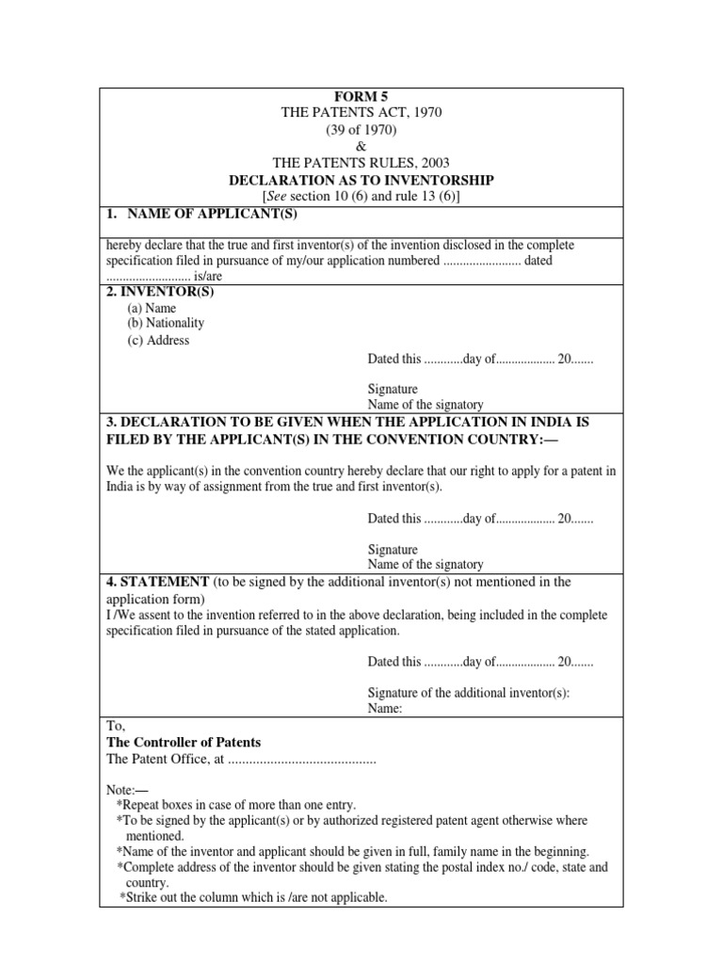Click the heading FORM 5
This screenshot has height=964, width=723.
pyautogui.click(x=361, y=95)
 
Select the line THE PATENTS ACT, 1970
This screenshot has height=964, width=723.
pyautogui.click(x=361, y=112)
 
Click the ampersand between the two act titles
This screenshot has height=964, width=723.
pyautogui.click(x=361, y=146)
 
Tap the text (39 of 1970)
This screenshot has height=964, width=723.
pyautogui.click(x=361, y=129)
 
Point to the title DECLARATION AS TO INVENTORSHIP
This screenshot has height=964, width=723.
pyautogui.click(x=361, y=180)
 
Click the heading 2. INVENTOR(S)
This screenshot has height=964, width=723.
pyautogui.click(x=160, y=291)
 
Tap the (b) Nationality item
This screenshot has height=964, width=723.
pyautogui.click(x=166, y=323)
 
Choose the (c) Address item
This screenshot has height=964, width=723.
pyautogui.click(x=158, y=340)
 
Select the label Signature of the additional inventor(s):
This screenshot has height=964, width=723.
pyautogui.click(x=469, y=692)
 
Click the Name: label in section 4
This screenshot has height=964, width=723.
pyautogui.click(x=385, y=709)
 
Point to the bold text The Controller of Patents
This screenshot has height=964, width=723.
pyautogui.click(x=184, y=743)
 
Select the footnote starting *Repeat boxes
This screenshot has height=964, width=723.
pyautogui.click(x=236, y=805)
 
